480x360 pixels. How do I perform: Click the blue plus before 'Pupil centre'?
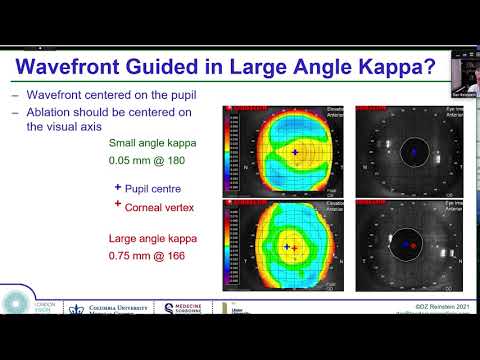[x=119, y=185]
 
